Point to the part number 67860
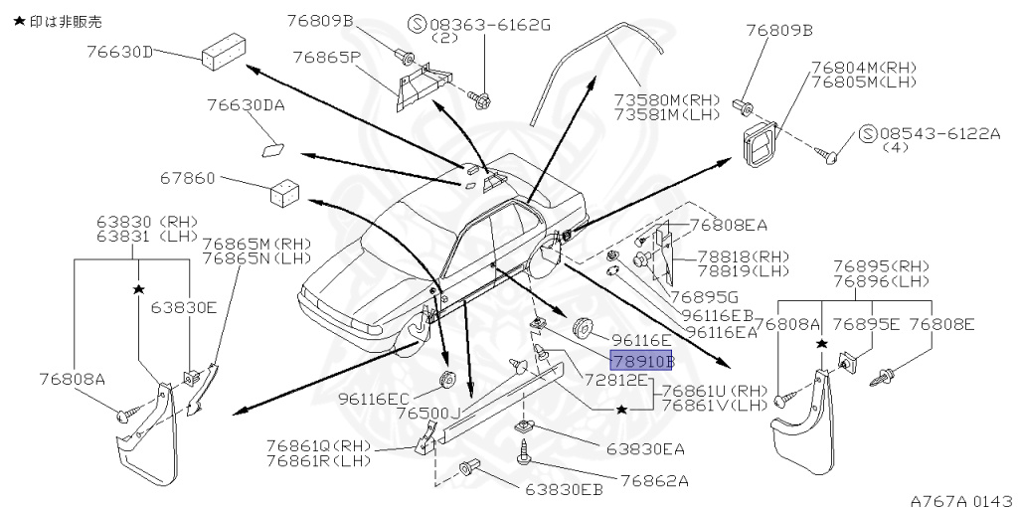click(x=187, y=179)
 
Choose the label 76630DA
click(x=246, y=104)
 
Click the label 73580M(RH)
click(x=665, y=99)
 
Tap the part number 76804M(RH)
click(x=862, y=67)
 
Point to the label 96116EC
click(x=373, y=398)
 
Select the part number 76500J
click(x=428, y=413)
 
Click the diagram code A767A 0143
click(x=960, y=499)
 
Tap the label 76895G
click(x=703, y=296)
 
